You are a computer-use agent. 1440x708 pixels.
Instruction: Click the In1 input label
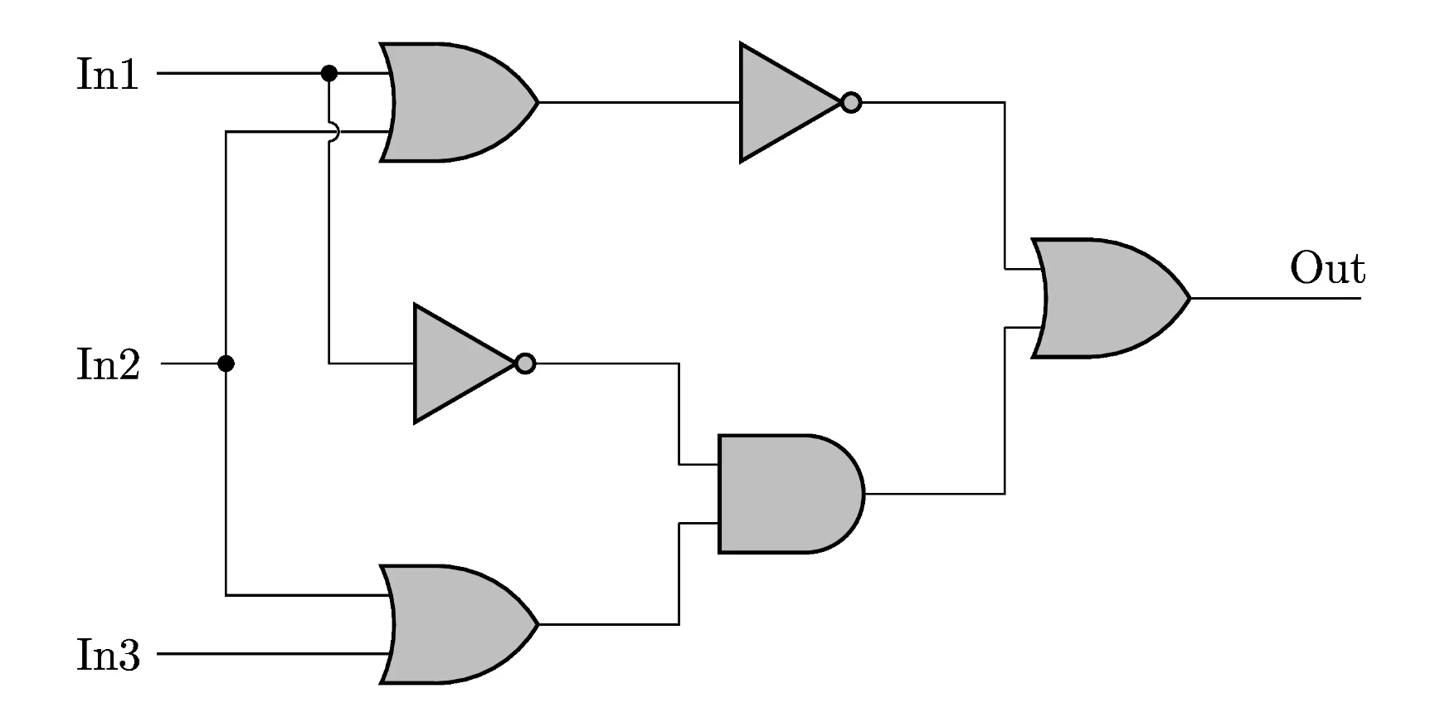click(107, 74)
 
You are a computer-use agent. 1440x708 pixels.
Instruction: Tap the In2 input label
click(108, 364)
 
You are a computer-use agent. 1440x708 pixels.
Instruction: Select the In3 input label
click(108, 655)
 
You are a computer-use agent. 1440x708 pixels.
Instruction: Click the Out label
click(1326, 269)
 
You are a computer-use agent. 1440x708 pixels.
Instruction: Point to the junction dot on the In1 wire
click(329, 74)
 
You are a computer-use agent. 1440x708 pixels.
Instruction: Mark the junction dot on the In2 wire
click(226, 364)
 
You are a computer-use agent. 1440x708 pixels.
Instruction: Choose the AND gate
click(784, 494)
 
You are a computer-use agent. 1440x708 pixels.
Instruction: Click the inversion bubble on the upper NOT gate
click(851, 103)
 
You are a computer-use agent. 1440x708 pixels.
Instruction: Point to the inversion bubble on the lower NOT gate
click(525, 364)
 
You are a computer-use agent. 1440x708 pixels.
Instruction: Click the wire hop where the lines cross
click(332, 131)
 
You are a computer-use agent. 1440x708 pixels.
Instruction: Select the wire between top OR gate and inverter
click(639, 103)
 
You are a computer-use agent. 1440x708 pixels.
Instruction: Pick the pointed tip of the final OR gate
click(1188, 298)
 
